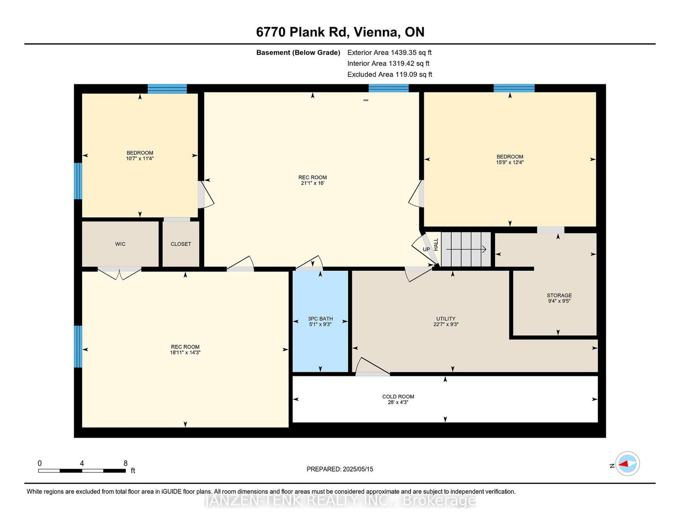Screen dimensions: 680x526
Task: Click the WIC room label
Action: [x=120, y=244]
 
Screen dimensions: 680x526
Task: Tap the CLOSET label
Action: [x=181, y=244]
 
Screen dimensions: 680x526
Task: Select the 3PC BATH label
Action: [x=320, y=319]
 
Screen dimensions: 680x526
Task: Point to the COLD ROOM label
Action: [x=398, y=396]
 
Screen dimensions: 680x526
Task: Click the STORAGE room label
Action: [x=559, y=295]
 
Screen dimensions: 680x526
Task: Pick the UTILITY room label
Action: [x=446, y=319]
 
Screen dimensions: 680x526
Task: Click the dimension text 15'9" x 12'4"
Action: [x=510, y=162]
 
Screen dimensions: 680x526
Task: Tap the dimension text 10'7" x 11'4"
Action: [x=140, y=159]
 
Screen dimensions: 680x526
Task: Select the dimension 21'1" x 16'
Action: [x=312, y=183]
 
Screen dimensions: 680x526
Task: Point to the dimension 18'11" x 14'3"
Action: [x=185, y=352]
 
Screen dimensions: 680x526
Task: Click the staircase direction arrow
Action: [x=466, y=249]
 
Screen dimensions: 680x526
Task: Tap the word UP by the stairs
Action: [x=426, y=249]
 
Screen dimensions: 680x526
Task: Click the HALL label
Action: [x=436, y=245]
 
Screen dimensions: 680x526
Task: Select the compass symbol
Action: [x=627, y=463]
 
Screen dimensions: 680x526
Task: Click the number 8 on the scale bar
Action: [x=125, y=463]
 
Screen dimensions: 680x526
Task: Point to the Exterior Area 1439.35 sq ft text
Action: [x=389, y=53]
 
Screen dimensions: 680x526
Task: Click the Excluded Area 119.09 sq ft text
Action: [x=390, y=74]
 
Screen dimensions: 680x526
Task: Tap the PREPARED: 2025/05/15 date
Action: [x=340, y=469]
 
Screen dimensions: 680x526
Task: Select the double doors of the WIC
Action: [x=119, y=273]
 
